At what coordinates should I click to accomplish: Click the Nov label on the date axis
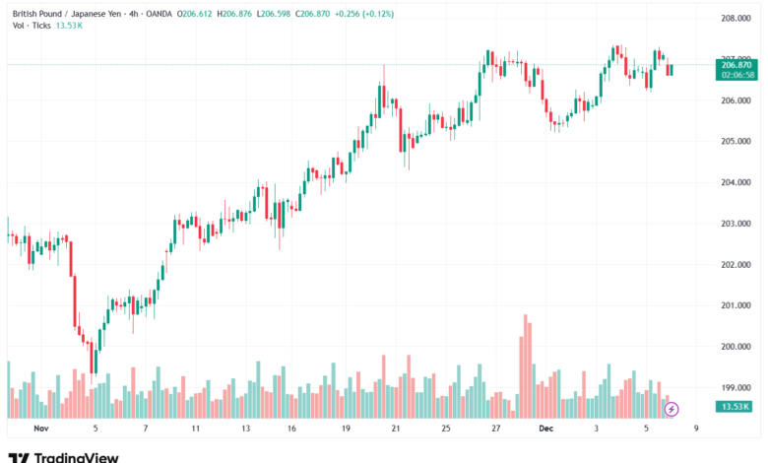click(40, 430)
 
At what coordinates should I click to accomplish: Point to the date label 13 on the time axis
click(246, 430)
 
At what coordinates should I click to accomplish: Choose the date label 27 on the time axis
click(497, 430)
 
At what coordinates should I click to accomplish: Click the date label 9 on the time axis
click(696, 430)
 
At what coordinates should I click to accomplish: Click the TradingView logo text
click(76, 456)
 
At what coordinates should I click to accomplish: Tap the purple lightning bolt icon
click(672, 408)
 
